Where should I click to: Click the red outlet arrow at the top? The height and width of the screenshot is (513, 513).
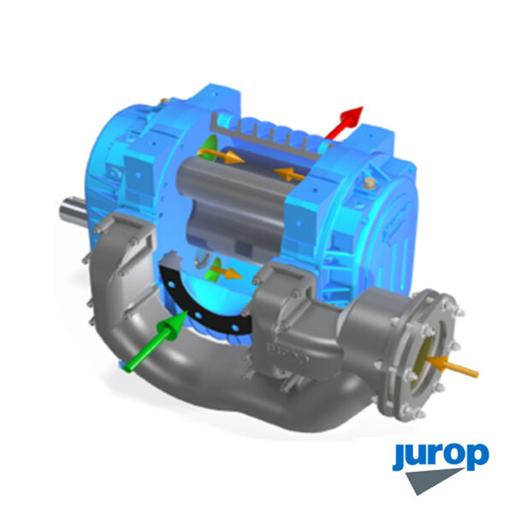(345, 122)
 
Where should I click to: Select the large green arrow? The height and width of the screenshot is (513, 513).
(156, 341)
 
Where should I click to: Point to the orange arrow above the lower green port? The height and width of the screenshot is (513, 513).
(227, 272)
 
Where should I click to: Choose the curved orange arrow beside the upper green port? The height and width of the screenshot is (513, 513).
(220, 155)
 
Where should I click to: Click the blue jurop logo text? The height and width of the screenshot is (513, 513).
(440, 456)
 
